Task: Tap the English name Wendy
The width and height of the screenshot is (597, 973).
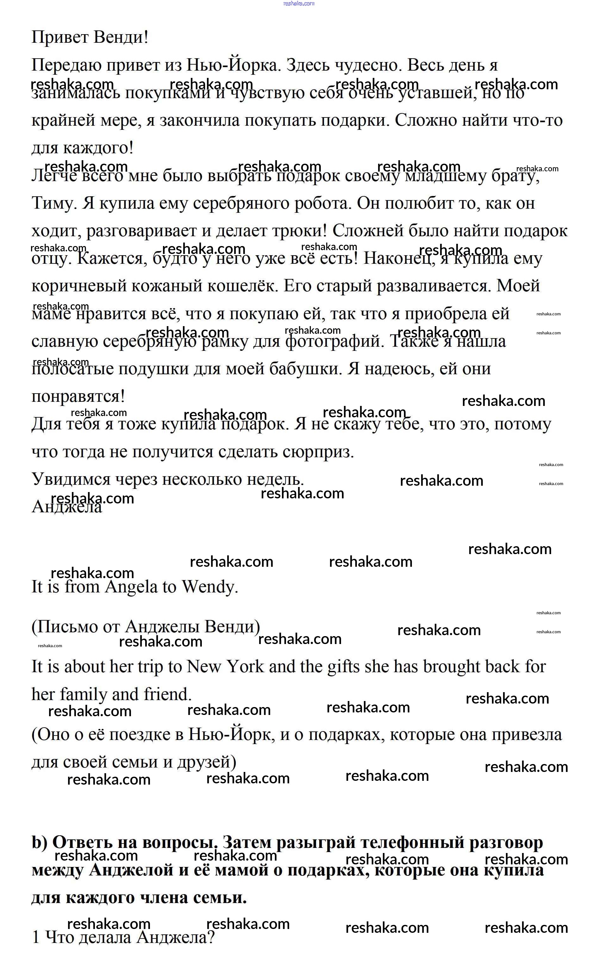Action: [x=209, y=587]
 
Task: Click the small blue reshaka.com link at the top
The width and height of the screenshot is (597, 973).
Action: [x=299, y=3]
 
